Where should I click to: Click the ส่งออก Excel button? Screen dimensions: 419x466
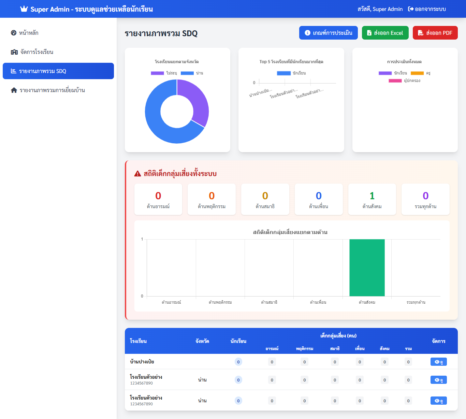click(385, 33)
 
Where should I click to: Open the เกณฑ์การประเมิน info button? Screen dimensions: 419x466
click(328, 33)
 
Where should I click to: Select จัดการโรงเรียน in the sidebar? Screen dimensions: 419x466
click(37, 52)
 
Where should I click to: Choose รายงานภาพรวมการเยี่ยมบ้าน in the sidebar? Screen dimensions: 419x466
click(52, 90)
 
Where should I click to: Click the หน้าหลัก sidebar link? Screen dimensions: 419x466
click(29, 33)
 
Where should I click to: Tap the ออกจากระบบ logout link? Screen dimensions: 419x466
click(427, 9)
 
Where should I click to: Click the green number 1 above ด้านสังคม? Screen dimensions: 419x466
click(372, 196)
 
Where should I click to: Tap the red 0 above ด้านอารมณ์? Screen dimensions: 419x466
click(158, 196)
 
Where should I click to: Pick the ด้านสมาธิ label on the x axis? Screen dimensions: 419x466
click(269, 302)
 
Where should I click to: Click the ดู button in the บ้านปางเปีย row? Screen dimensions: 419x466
click(438, 362)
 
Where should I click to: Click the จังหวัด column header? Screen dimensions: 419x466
click(202, 341)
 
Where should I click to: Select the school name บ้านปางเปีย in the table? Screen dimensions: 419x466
click(142, 362)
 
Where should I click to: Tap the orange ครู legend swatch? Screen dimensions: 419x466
click(417, 73)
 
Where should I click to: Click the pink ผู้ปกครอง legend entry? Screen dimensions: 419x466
click(405, 81)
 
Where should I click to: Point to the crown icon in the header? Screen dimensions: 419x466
click(24, 9)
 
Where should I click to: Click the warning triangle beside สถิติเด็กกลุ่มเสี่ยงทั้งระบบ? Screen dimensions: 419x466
click(137, 174)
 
